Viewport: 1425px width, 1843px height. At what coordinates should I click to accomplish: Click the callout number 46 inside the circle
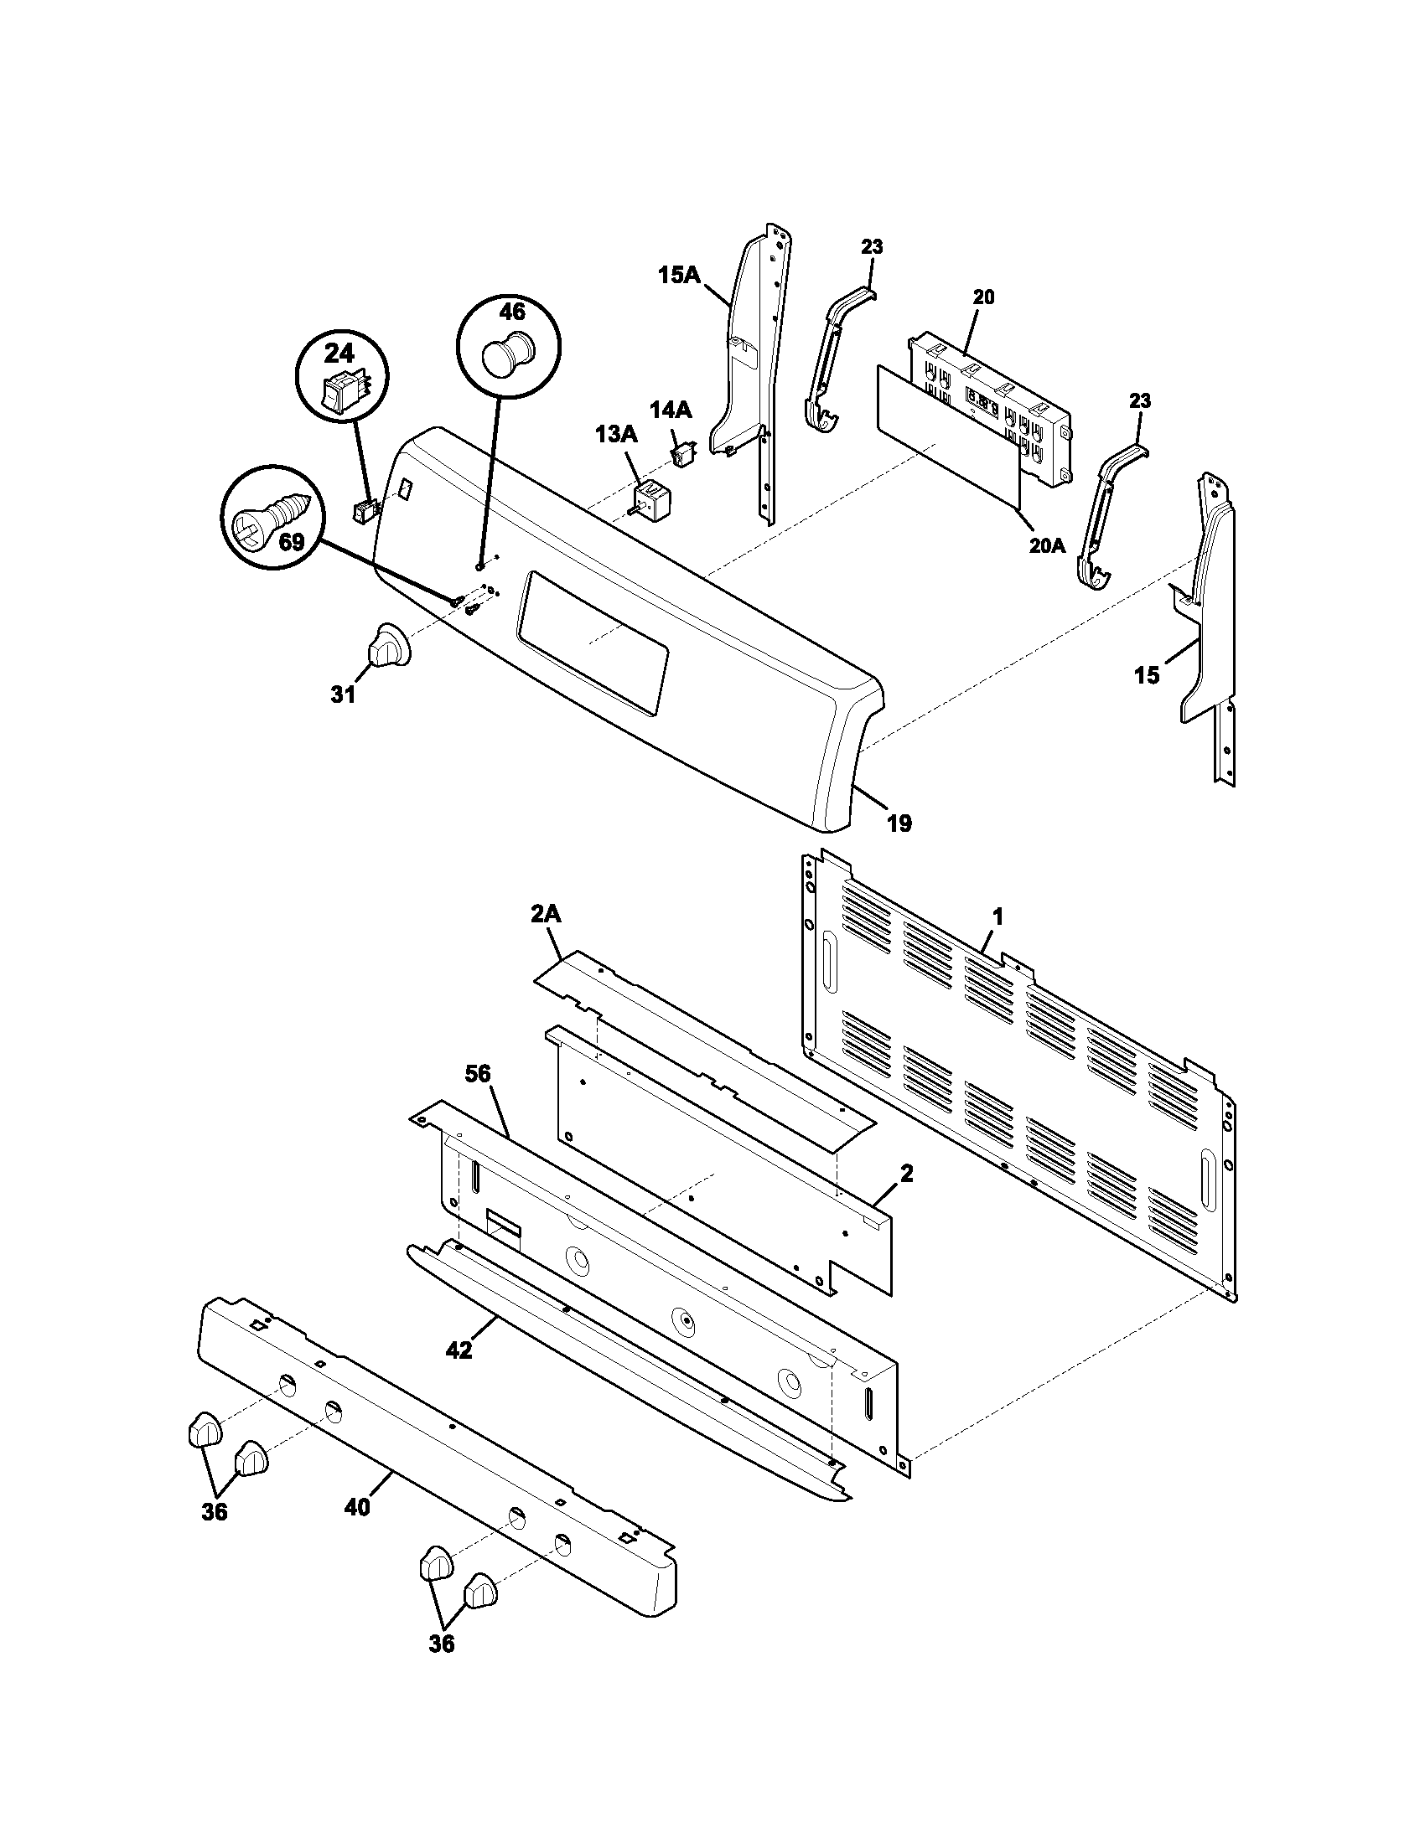(x=511, y=312)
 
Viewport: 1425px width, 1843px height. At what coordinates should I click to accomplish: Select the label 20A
(x=1047, y=546)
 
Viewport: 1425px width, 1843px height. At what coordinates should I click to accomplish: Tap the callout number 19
(x=900, y=823)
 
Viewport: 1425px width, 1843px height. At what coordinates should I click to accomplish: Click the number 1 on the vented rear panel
(x=997, y=916)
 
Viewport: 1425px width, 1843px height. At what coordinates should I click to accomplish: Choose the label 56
(x=477, y=1074)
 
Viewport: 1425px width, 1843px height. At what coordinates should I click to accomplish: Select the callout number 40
(x=357, y=1506)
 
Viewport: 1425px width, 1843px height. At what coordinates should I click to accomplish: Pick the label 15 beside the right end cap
(x=1147, y=675)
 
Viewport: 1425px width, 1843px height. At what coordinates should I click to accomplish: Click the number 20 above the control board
(x=983, y=297)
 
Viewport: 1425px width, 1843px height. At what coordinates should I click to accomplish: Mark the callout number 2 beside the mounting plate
(x=906, y=1173)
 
